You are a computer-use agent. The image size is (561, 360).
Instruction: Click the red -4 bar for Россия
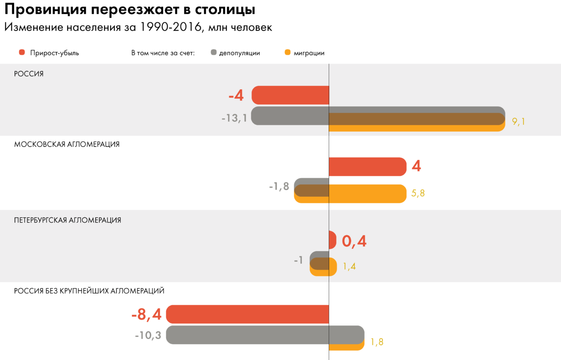(290, 95)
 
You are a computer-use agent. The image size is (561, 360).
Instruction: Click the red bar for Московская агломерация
(368, 166)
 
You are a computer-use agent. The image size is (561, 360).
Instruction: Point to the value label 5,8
(418, 193)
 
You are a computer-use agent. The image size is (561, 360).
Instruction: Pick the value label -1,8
(279, 186)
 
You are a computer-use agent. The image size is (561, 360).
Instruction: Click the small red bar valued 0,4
(332, 240)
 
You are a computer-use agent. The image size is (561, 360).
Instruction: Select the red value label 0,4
(354, 241)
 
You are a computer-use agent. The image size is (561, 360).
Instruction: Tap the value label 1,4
(349, 266)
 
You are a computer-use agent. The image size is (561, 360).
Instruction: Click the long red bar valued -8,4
(247, 314)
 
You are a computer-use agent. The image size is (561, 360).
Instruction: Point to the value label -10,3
(148, 336)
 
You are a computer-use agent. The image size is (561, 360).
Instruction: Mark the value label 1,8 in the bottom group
(377, 342)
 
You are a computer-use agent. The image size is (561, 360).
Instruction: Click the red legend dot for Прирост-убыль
(22, 53)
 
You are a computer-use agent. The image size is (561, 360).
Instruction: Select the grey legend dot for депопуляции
(213, 53)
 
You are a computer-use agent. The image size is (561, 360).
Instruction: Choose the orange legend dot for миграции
(288, 53)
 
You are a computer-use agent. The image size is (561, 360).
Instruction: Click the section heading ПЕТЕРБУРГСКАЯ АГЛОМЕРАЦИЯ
(67, 220)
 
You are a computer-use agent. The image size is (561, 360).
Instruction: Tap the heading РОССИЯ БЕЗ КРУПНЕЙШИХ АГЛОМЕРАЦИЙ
(89, 291)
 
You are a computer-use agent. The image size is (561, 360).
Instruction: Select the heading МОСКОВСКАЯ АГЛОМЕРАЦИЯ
(67, 144)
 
